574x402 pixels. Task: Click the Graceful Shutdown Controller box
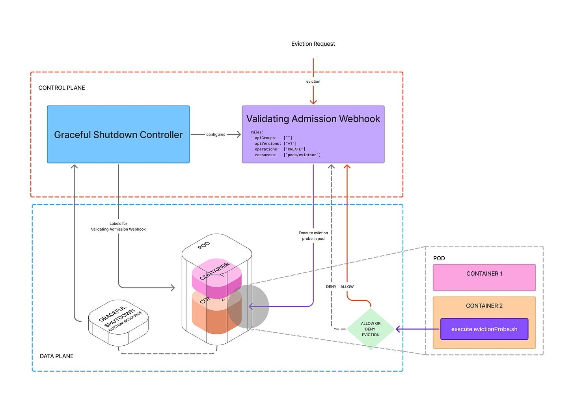pyautogui.click(x=118, y=134)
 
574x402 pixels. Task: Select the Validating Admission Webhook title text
pyautogui.click(x=313, y=119)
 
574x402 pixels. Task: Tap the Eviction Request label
pyautogui.click(x=313, y=44)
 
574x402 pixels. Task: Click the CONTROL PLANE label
pyautogui.click(x=61, y=88)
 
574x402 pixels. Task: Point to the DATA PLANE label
pyautogui.click(x=57, y=356)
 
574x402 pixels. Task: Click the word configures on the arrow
pyautogui.click(x=216, y=135)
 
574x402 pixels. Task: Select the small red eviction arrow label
pyautogui.click(x=313, y=82)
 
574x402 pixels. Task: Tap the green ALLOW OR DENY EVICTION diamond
pyautogui.click(x=371, y=329)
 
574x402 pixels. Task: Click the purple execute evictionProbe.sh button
pyautogui.click(x=484, y=329)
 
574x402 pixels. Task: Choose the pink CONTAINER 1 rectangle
pyautogui.click(x=484, y=278)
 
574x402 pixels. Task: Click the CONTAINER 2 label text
pyautogui.click(x=484, y=306)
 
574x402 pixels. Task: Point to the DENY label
pyautogui.click(x=331, y=287)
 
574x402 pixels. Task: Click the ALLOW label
pyautogui.click(x=347, y=287)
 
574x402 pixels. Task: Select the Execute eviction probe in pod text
pyautogui.click(x=313, y=236)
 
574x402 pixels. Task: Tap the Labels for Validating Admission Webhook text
pyautogui.click(x=118, y=226)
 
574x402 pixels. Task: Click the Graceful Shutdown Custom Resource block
pyautogui.click(x=118, y=321)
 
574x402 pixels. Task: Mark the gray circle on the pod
pyautogui.click(x=248, y=307)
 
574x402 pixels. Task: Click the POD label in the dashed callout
pyautogui.click(x=439, y=258)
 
